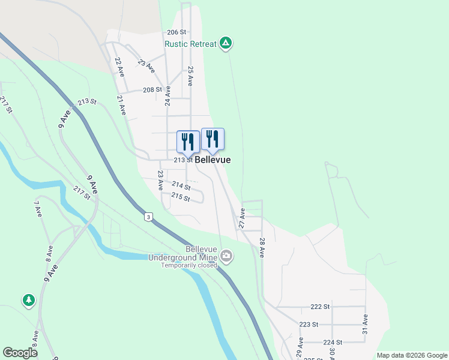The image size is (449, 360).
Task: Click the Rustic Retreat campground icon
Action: [226, 43]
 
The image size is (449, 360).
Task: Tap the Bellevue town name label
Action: [212, 160]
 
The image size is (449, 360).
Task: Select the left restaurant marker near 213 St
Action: [188, 142]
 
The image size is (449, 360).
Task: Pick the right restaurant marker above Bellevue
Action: [212, 139]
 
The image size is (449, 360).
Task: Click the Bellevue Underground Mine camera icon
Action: [226, 257]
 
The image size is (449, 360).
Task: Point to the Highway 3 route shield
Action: [148, 216]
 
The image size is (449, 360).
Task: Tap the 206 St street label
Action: [177, 32]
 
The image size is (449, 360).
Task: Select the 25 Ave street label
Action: [190, 76]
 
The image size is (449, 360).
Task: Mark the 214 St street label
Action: [181, 186]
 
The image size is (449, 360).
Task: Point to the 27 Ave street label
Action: [242, 218]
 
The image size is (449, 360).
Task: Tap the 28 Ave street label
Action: [262, 247]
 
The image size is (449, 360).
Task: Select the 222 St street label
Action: [320, 307]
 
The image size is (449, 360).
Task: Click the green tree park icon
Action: [28, 299]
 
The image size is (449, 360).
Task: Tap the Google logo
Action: [20, 353]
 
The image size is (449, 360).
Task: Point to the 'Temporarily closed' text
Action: [188, 265]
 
